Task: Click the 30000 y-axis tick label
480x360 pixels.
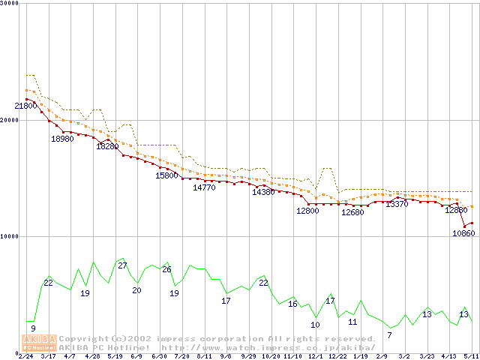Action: click(x=10, y=4)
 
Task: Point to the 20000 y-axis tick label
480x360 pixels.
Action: click(x=10, y=120)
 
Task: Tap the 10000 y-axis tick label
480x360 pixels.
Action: click(x=10, y=236)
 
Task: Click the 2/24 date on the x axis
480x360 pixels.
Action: click(x=25, y=356)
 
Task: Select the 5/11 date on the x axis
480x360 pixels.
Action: click(x=471, y=356)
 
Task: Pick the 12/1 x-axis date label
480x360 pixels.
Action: click(x=315, y=356)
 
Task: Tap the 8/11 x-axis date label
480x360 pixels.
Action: click(x=204, y=356)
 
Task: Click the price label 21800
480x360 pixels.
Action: click(x=26, y=106)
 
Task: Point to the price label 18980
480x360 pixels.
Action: click(x=62, y=139)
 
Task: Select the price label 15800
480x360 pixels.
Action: click(x=166, y=175)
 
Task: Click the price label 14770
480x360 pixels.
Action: click(x=204, y=188)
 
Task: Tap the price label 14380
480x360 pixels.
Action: click(x=263, y=193)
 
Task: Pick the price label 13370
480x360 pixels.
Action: click(x=397, y=205)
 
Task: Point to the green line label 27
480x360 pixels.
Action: click(x=122, y=265)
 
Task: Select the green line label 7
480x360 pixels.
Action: click(x=389, y=334)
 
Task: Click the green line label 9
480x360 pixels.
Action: click(x=33, y=328)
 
